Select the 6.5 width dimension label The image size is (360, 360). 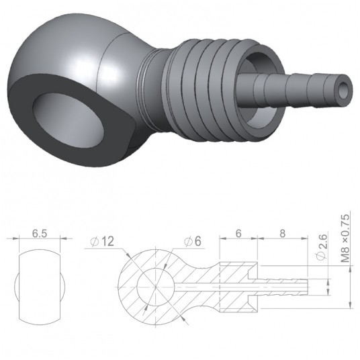40,236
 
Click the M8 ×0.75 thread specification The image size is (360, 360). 345,242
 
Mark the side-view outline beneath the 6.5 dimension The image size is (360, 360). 40,286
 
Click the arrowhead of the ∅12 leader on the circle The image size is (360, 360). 130,259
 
